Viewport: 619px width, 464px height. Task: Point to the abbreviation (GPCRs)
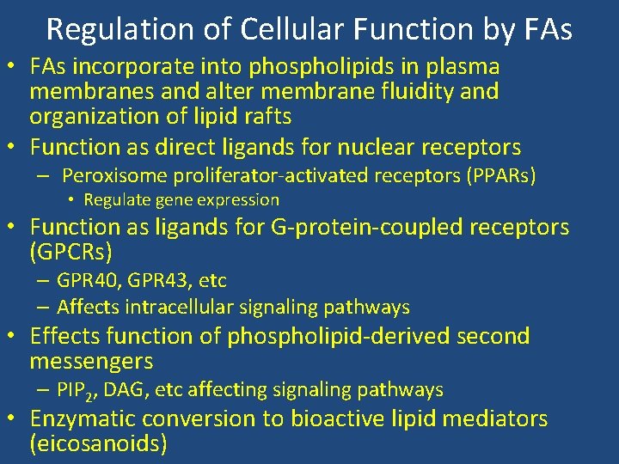[71, 253]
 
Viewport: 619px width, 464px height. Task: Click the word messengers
[91, 361]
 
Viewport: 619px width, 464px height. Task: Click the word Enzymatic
[83, 419]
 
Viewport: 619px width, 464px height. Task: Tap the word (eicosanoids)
[98, 443]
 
